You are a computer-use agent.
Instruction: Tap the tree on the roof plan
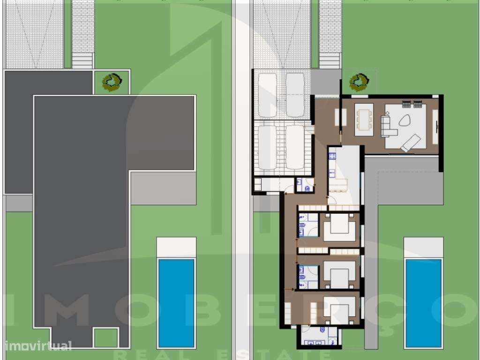click(112, 82)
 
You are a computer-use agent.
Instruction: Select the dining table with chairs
click(364, 119)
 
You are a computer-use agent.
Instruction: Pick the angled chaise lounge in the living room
click(411, 142)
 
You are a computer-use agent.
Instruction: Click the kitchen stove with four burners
click(331, 157)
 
